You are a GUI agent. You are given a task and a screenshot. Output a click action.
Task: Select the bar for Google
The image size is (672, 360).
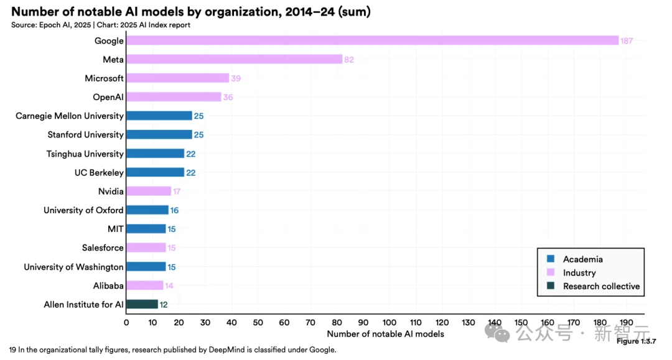click(x=372, y=40)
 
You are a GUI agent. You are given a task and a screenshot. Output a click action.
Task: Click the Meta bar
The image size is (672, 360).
click(x=234, y=59)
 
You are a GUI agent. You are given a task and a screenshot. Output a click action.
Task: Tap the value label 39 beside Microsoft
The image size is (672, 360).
click(x=236, y=78)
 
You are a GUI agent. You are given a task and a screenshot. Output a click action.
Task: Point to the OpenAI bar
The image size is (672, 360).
click(x=174, y=97)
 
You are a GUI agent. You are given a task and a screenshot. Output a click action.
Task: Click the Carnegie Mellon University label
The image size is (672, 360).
click(x=70, y=116)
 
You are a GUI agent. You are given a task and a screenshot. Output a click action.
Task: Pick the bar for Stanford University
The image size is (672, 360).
click(x=159, y=134)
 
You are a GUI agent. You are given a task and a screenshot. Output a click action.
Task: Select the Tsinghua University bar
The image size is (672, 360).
click(x=155, y=154)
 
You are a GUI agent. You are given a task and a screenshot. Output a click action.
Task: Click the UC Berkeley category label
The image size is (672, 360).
click(x=99, y=172)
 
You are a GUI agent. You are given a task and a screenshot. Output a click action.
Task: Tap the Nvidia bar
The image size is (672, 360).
click(x=149, y=192)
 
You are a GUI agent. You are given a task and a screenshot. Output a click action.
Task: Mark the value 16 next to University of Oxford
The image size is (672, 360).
click(x=174, y=210)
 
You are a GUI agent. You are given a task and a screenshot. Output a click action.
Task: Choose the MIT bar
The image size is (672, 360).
click(x=146, y=229)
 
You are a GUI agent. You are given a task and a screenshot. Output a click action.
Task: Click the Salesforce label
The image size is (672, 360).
click(x=103, y=247)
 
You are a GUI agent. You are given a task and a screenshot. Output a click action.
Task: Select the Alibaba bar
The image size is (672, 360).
click(x=145, y=285)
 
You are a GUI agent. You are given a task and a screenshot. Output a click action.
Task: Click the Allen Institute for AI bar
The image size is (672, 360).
click(x=142, y=304)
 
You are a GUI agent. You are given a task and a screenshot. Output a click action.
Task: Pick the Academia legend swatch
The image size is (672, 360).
click(x=551, y=259)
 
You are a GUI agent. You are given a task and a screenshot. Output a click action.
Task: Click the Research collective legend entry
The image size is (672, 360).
click(x=601, y=286)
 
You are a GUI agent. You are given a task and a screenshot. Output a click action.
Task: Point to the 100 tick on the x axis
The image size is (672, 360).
click(x=390, y=322)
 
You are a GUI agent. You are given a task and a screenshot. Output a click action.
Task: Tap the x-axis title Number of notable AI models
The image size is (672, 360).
click(x=385, y=334)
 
